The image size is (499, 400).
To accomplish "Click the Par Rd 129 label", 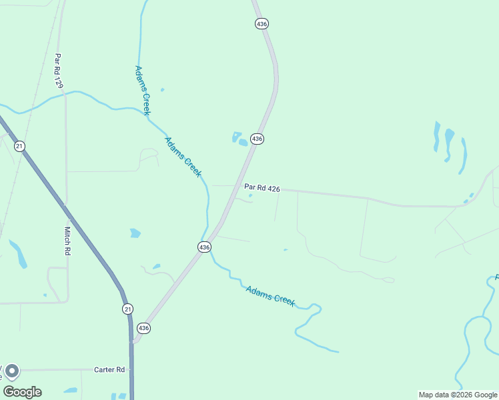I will coord(59,71).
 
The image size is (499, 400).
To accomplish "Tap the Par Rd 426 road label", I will coord(262,189).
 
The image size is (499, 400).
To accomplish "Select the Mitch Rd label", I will coord(67,241).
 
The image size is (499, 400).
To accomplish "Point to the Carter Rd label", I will coord(109,369).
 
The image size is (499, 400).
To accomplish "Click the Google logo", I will coord(22,392).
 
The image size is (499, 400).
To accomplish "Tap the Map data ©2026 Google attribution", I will coord(458,395).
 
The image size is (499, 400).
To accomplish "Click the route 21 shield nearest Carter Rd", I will coord(127,309).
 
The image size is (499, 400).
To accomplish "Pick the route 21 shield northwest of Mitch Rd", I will coord(19,146).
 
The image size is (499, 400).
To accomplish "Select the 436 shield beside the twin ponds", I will coord(258,139).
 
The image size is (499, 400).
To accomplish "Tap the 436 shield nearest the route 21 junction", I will coord(144,328).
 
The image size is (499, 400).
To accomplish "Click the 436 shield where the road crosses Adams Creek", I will coord(204,247).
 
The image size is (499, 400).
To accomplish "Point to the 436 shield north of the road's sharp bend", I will coord(262,23).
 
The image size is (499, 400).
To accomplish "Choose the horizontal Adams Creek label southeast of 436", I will coord(270,295).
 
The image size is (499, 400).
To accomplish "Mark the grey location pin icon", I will coord(11,371).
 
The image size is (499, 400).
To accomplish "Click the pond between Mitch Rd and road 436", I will coord(135,233).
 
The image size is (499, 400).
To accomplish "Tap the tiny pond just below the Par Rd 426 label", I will coord(250,196).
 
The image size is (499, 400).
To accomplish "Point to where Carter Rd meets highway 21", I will coord(131,369).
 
